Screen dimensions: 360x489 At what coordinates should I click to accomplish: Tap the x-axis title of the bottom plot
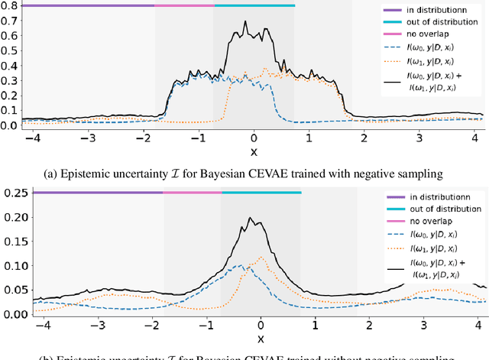[261, 338]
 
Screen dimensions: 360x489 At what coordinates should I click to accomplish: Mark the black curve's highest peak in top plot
[245, 21]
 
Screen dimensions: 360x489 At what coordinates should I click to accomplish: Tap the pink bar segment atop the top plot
[184, 5]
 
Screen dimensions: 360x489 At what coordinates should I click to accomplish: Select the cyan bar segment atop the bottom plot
[261, 193]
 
